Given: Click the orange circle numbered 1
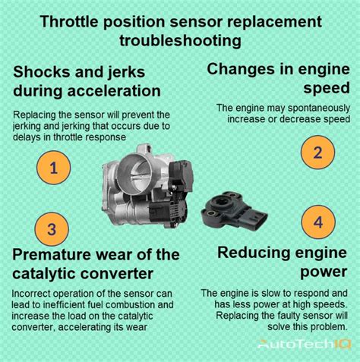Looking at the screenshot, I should tap(53, 168).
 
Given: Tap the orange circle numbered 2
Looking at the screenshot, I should tap(318, 153).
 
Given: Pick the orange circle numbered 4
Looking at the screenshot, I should tap(318, 223).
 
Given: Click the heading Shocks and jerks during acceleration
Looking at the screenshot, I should tap(87, 81).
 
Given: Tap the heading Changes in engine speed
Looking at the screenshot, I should tap(278, 80).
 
